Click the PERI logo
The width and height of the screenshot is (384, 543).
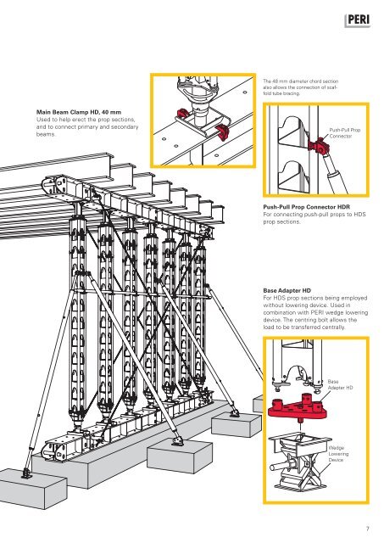[x=358, y=20]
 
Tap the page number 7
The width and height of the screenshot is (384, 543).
[x=367, y=529]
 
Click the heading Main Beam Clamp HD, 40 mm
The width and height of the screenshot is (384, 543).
[x=79, y=112]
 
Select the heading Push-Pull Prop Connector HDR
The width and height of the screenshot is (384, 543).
[x=307, y=207]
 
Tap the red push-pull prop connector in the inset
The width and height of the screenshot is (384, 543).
[x=318, y=146]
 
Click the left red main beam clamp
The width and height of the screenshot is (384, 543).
[x=182, y=113]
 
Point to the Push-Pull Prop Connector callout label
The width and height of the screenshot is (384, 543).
[x=344, y=133]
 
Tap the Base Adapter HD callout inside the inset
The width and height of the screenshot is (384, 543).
[x=340, y=384]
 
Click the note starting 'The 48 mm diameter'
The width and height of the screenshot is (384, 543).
[x=301, y=87]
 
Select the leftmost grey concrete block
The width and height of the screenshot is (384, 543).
[x=33, y=488]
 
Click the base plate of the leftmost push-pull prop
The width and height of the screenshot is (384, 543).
[x=26, y=473]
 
